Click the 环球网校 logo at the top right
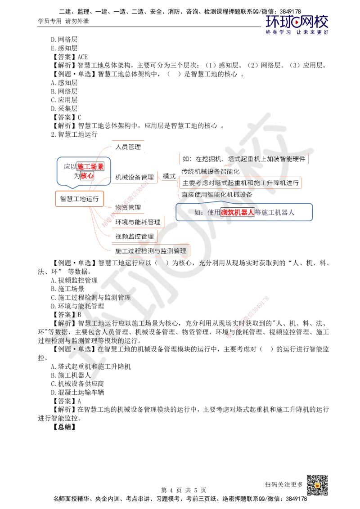297,25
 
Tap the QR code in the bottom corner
317,485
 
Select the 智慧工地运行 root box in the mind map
80,199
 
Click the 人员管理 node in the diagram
128,147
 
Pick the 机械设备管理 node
135,177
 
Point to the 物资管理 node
128,207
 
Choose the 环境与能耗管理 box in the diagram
138,222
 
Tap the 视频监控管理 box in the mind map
135,237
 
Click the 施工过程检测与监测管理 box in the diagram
151,251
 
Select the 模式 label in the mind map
169,176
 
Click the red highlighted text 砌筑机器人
237,212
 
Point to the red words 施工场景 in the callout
90,166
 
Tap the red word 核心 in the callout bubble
87,176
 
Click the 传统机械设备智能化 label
210,171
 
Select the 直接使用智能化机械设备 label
217,194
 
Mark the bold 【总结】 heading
65,427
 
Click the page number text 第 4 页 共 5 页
184,490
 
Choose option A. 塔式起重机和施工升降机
90,366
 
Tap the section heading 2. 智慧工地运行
74,134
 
